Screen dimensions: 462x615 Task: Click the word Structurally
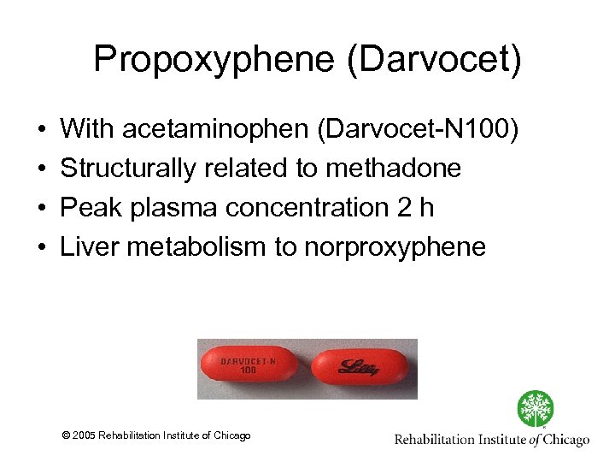(x=128, y=169)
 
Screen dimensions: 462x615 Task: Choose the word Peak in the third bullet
(x=88, y=208)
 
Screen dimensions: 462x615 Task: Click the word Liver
(x=89, y=247)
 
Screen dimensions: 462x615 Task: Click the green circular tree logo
(x=535, y=409)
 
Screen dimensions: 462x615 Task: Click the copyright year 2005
(x=85, y=435)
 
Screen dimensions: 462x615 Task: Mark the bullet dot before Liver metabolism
(x=42, y=248)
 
